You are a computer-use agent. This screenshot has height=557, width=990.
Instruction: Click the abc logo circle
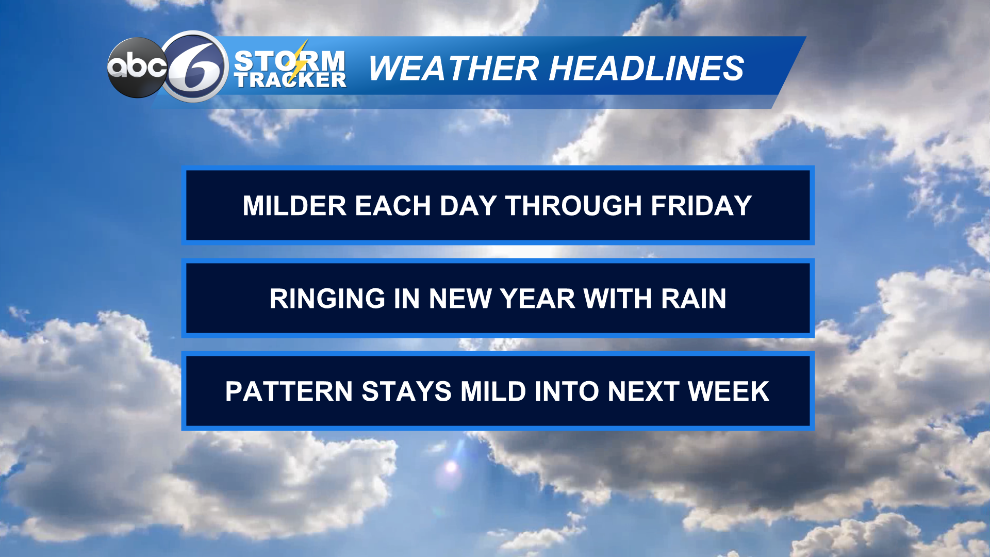pos(136,68)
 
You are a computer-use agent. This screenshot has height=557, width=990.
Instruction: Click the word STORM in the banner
pos(289,61)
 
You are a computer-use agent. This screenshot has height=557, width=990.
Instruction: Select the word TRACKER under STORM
pos(290,80)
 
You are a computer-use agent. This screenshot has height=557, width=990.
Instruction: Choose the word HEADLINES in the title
pos(647,68)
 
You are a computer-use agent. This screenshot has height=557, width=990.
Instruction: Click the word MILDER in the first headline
pos(294,206)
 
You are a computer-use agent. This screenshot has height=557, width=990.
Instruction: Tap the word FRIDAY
pos(701,206)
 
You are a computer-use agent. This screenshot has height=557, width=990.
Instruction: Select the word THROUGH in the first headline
pos(573,206)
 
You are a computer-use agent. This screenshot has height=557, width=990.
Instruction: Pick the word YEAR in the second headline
pos(537,299)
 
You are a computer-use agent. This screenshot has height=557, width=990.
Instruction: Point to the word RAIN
pos(694,299)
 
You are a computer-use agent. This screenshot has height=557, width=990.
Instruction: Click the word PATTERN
pos(289,391)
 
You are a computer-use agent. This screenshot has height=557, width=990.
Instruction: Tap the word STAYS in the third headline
pos(406,391)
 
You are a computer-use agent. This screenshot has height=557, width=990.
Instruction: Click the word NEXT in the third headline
pos(642,391)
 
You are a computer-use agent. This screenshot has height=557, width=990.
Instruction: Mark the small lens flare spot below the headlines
pos(452,467)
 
